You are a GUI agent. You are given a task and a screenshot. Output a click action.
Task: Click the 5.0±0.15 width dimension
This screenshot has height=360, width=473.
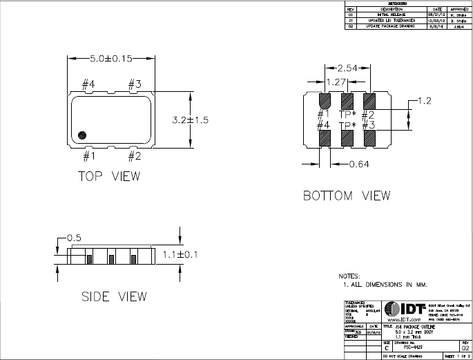[110, 59]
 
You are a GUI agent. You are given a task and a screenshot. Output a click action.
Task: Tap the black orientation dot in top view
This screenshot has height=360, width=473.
[83, 135]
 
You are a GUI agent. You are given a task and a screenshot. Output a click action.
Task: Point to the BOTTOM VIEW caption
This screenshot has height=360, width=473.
[347, 196]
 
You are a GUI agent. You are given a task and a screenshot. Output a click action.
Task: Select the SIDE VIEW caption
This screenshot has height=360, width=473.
[114, 296]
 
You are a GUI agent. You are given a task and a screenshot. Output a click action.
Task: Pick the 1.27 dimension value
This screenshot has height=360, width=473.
[336, 82]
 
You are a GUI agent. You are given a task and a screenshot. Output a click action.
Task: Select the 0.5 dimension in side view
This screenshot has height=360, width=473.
[75, 238]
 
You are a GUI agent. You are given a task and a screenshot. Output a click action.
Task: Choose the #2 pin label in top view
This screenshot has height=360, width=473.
[134, 156]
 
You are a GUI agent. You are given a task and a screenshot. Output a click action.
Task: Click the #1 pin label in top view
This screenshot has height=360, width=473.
[88, 156]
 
